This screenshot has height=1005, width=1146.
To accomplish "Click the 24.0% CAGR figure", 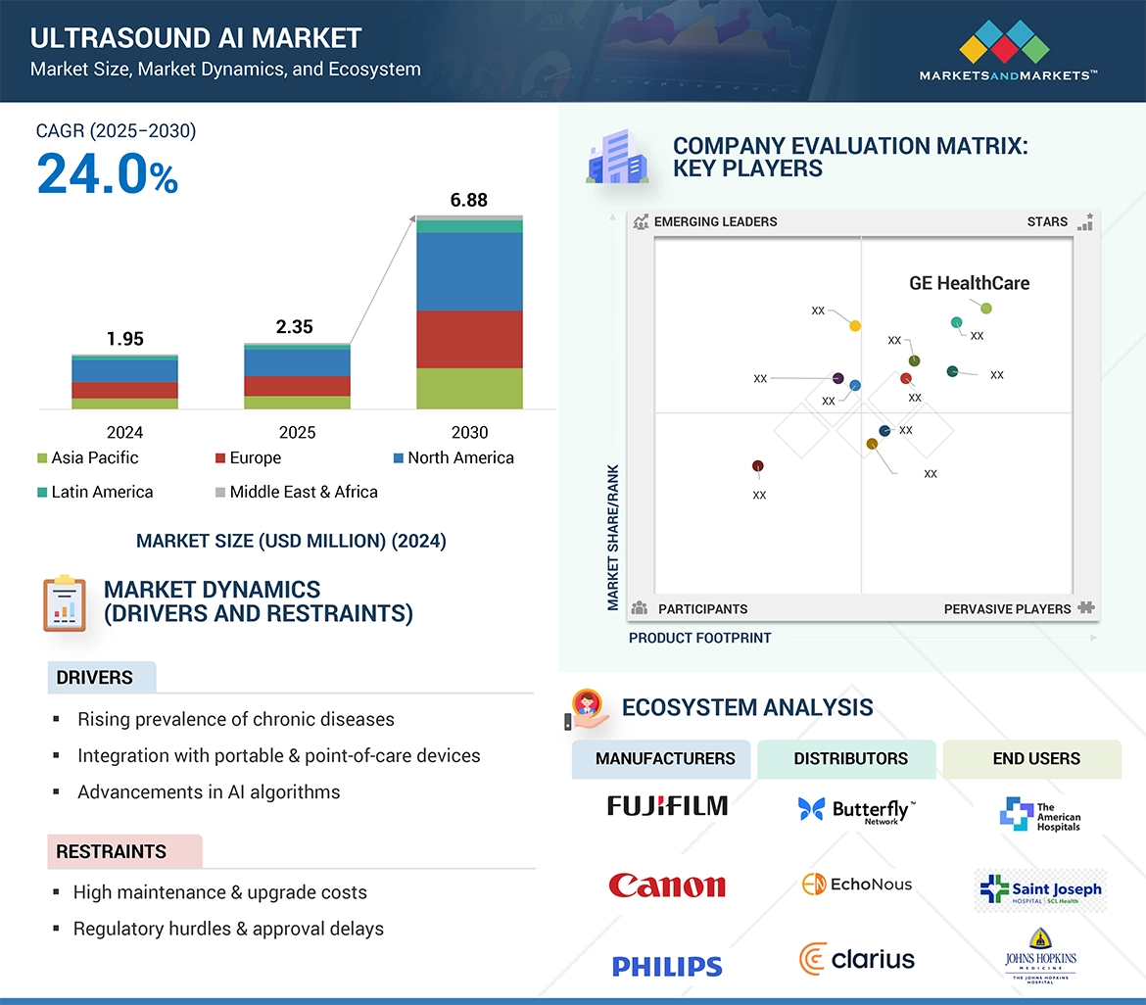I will click(x=108, y=174).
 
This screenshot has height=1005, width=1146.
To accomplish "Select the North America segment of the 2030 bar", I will click(x=469, y=271).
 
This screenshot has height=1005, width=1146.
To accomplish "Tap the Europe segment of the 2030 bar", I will click(x=469, y=339).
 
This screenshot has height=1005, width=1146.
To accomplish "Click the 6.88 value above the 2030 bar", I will click(x=469, y=200).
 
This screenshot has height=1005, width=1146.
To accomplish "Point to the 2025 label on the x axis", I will click(x=297, y=432).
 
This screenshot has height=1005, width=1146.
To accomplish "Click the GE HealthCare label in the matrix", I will click(x=969, y=283).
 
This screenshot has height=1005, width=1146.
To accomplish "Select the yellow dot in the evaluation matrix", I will click(x=855, y=325).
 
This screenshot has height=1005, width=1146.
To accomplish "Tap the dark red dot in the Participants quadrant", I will click(x=758, y=466).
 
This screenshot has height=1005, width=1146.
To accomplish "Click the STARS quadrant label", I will click(x=1047, y=221).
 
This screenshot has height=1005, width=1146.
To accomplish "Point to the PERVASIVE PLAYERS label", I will click(x=1007, y=608).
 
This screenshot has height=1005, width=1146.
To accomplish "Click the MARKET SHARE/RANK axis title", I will click(x=613, y=537).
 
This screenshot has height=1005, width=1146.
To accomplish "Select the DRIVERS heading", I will click(x=95, y=678).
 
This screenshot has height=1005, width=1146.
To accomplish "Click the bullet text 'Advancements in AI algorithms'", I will click(x=209, y=791).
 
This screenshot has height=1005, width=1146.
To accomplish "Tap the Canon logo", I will click(x=667, y=885).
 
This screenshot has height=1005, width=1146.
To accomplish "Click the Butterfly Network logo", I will click(x=857, y=810).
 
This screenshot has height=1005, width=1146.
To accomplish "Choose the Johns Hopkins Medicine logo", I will click(x=1039, y=955).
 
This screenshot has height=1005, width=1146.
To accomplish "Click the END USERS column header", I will click(x=1035, y=758).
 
